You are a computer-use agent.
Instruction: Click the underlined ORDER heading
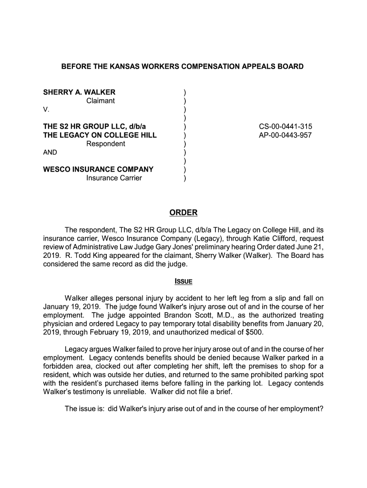tap(183, 213)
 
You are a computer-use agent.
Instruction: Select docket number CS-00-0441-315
tap(285, 127)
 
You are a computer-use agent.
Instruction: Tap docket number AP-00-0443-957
tap(285, 135)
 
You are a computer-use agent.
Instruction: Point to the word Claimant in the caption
tap(101, 101)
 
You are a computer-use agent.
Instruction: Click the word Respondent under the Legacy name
tap(106, 144)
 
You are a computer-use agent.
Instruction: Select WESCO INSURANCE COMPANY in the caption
tap(98, 169)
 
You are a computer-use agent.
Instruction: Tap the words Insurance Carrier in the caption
tap(114, 178)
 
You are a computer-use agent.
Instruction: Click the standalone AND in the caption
tap(50, 152)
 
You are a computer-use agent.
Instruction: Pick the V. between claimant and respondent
tap(46, 110)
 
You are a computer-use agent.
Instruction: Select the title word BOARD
tap(291, 67)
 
